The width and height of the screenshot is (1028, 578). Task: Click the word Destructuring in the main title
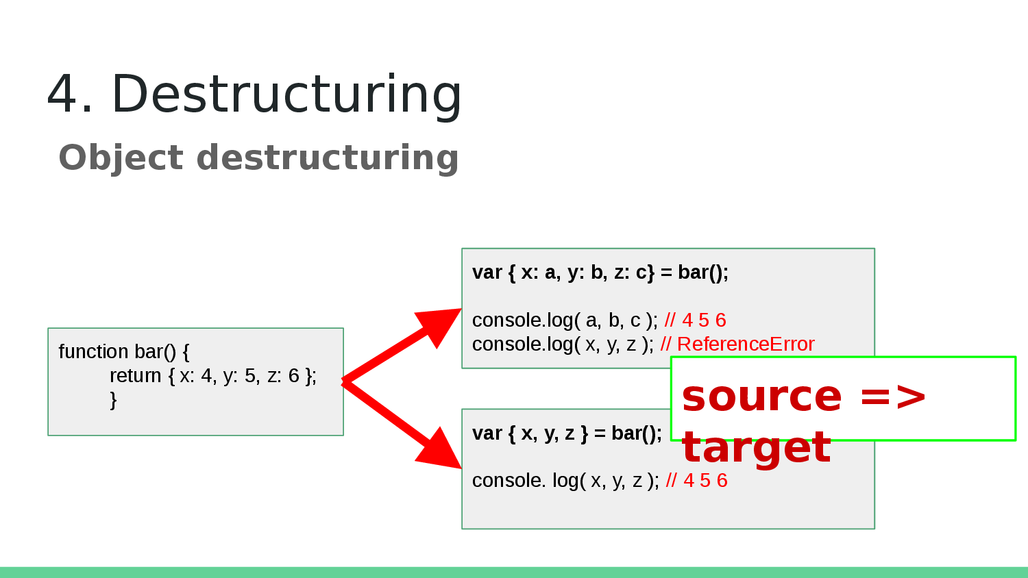(286, 94)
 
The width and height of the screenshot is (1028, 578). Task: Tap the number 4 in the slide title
(62, 94)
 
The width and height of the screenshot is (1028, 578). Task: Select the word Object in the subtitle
(121, 158)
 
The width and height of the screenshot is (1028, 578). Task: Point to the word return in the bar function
(135, 375)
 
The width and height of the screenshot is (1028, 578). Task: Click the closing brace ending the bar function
(113, 399)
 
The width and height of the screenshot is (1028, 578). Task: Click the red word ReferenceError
(746, 344)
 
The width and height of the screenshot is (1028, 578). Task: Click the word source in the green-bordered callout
(761, 397)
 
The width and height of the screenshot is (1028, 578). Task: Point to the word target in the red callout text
(756, 448)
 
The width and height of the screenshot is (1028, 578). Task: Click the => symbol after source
(892, 397)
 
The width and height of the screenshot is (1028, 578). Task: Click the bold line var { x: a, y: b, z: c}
(600, 273)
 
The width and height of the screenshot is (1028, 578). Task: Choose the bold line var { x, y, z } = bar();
(567, 433)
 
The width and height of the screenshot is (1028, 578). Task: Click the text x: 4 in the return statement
(197, 375)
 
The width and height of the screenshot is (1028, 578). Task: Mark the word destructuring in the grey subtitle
(328, 158)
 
